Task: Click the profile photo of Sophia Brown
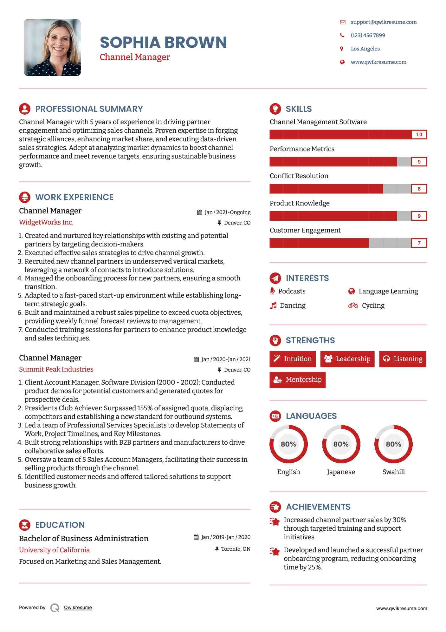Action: point(52,48)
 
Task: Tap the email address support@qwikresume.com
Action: point(384,22)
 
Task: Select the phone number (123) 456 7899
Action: point(368,35)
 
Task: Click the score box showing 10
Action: point(419,135)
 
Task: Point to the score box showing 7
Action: point(419,243)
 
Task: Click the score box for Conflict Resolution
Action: point(419,189)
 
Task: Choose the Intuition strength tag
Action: point(293,359)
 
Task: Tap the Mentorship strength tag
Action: point(297,380)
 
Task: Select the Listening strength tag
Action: point(403,359)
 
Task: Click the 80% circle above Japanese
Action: point(341,444)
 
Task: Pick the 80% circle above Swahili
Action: point(393,444)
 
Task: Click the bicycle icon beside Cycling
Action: point(353,306)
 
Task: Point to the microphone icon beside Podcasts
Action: point(272,291)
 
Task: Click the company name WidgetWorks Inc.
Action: point(46,222)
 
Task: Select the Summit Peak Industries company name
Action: point(56,369)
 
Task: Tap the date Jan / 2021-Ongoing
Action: point(227,212)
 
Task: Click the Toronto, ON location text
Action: point(236,549)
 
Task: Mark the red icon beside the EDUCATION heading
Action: point(25,525)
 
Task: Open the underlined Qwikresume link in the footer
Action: point(78,608)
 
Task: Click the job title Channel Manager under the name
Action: point(135,57)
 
